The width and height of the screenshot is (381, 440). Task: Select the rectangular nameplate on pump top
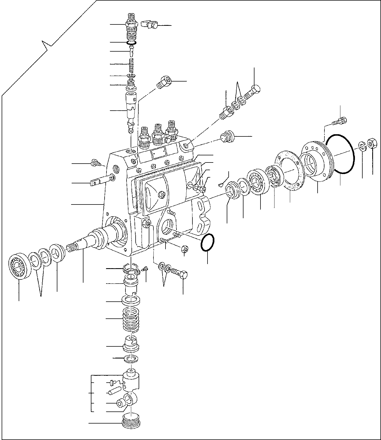(159, 153)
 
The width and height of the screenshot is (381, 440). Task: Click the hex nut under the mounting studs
(185, 249)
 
